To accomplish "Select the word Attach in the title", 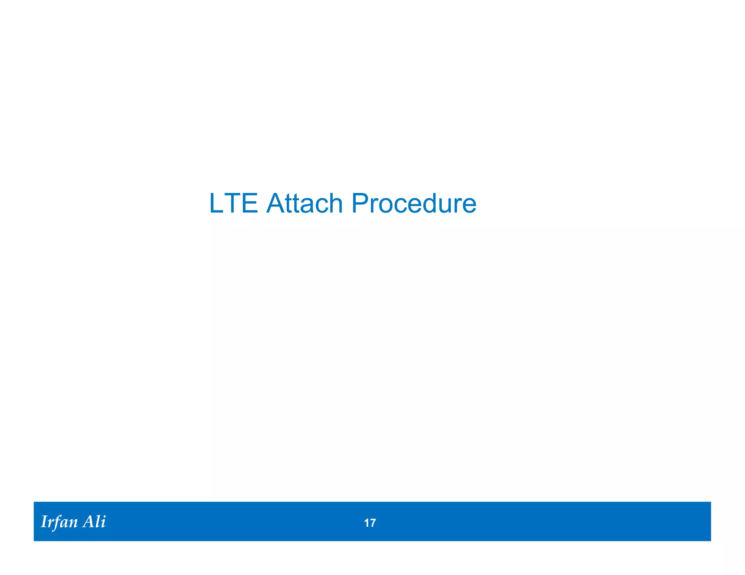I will click(304, 203).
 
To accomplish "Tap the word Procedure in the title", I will click(414, 203).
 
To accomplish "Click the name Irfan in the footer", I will click(59, 522).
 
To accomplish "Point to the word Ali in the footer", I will click(94, 522).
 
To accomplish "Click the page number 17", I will click(370, 523).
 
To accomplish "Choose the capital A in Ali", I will click(89, 522).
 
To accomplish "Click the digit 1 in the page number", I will click(366, 523).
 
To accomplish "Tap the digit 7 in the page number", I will click(372, 523).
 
